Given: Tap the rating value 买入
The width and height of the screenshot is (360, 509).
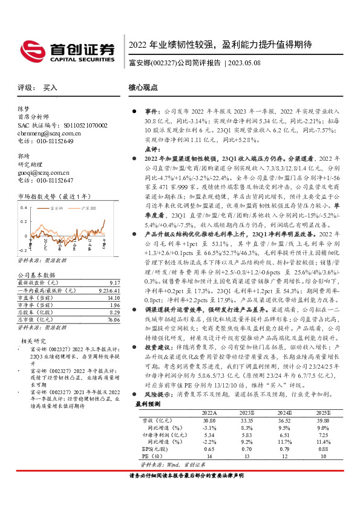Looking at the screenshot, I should [50, 88].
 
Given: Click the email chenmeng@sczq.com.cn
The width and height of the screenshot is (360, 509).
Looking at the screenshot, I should [42, 133].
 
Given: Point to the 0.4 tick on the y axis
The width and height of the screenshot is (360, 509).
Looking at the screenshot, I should [23, 208].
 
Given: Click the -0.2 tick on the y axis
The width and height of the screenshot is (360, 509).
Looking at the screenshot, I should [22, 249].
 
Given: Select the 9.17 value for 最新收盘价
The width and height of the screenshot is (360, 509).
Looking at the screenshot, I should [114, 282].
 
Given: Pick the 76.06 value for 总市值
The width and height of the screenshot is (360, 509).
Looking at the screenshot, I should [113, 320].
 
